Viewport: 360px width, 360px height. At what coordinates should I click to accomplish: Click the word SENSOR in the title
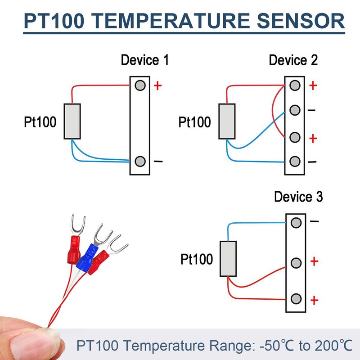(x=301, y=21)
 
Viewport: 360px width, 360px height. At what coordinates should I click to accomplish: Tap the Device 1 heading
(x=145, y=60)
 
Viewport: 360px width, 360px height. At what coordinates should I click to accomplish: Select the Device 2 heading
(x=293, y=60)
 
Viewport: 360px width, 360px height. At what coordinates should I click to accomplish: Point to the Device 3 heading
(x=298, y=197)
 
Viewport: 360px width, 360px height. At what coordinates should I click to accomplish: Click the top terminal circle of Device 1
(x=140, y=85)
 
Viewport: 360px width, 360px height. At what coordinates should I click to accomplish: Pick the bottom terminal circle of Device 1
(x=140, y=161)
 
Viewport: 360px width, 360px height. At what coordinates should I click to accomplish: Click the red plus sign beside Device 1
(x=158, y=85)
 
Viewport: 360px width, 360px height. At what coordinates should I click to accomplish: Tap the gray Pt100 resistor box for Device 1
(x=72, y=121)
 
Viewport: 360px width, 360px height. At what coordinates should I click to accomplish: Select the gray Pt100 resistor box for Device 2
(x=227, y=121)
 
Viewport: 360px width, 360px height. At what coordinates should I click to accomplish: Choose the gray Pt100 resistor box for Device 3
(x=228, y=258)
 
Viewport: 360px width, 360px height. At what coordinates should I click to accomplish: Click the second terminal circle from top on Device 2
(x=295, y=110)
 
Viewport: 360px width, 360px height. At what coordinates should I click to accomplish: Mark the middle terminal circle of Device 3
(x=296, y=263)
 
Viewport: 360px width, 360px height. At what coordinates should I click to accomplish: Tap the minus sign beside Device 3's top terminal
(x=314, y=221)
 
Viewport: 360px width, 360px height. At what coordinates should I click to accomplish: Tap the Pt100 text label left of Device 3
(x=197, y=259)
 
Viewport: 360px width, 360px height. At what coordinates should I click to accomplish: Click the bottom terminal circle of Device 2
(x=295, y=161)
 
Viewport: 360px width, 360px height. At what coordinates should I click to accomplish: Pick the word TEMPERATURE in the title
(x=172, y=21)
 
